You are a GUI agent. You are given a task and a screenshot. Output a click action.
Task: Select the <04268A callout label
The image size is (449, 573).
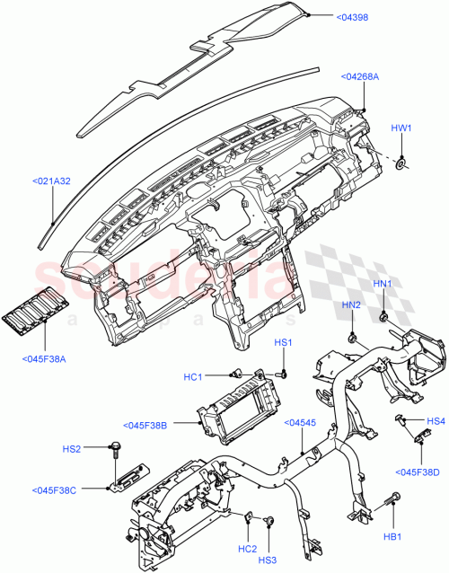(360, 77)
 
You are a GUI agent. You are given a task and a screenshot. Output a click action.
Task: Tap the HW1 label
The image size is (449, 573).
(401, 128)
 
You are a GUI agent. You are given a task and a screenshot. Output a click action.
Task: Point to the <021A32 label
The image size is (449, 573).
(51, 181)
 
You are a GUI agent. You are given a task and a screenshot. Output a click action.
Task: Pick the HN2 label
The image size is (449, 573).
(350, 305)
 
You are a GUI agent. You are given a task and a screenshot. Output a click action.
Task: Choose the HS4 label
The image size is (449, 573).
(436, 420)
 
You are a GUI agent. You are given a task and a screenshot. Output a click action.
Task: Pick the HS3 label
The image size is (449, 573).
(268, 560)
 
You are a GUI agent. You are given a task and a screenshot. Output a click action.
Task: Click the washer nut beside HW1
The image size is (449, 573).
(401, 163)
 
